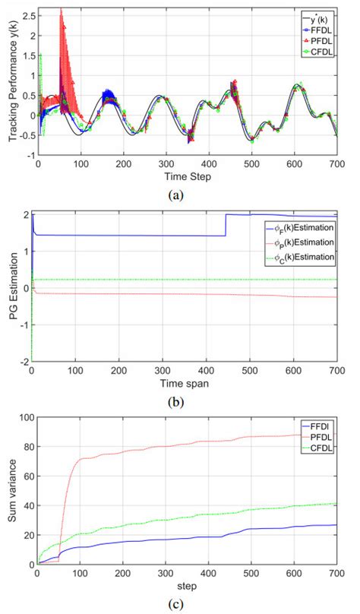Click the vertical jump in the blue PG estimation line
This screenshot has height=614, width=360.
(226, 225)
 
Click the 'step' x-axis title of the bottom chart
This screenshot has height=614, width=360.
(188, 588)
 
